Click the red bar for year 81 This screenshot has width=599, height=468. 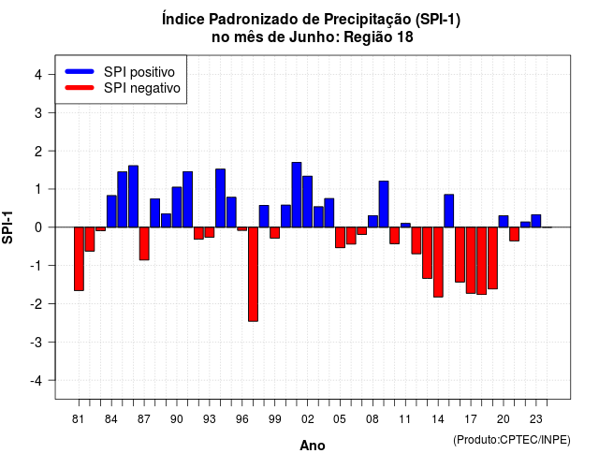[x=79, y=259]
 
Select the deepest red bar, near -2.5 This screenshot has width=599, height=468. [x=253, y=274]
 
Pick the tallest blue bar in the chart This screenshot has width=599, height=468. [x=297, y=195]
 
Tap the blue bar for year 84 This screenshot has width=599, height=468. [x=111, y=212]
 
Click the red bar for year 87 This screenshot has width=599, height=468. [x=144, y=243]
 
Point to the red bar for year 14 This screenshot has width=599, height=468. [x=438, y=262]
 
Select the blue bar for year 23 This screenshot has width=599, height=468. [x=536, y=221]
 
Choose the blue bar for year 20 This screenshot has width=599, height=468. [x=504, y=222]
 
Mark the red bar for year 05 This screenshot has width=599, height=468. [x=340, y=238]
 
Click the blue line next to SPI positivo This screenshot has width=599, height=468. [x=80, y=71]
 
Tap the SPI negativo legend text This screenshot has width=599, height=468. [x=142, y=88]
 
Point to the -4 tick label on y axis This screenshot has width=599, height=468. [x=37, y=381]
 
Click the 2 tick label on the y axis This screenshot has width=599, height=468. [x=38, y=152]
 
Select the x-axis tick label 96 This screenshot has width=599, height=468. [x=241, y=419]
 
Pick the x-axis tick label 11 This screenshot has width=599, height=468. [x=405, y=419]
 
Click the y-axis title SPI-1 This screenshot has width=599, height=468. [x=7, y=227]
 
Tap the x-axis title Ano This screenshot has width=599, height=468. [x=313, y=446]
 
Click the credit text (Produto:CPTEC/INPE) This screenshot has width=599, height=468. [x=512, y=440]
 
